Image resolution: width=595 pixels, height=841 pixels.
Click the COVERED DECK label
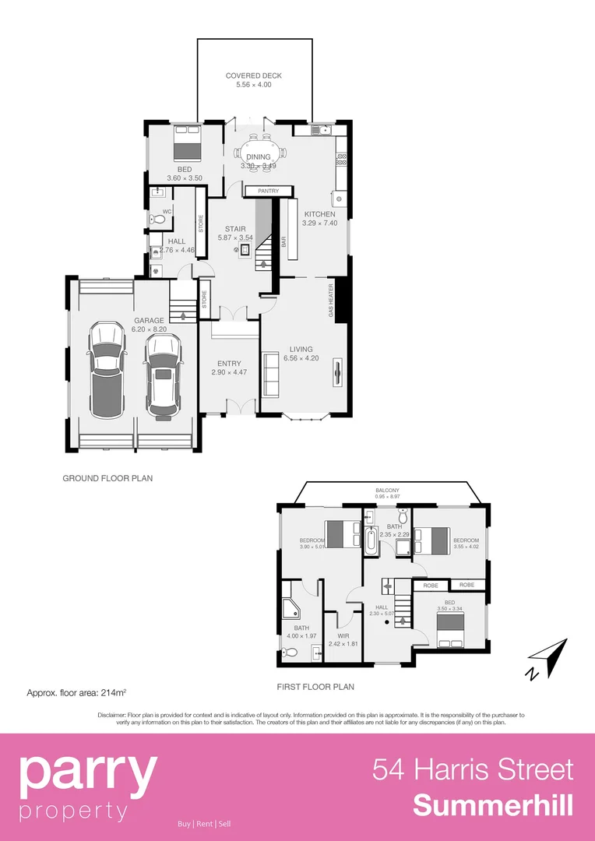pyautogui.click(x=253, y=76)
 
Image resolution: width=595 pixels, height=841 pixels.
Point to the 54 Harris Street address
pyautogui.click(x=473, y=769)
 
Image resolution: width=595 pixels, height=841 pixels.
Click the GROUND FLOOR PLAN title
pyautogui.click(x=107, y=478)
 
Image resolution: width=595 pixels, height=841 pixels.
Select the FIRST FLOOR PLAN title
pyautogui.click(x=315, y=687)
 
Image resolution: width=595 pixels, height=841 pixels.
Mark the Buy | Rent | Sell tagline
pyautogui.click(x=204, y=824)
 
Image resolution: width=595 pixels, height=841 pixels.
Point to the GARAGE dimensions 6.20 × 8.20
pyautogui.click(x=148, y=329)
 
